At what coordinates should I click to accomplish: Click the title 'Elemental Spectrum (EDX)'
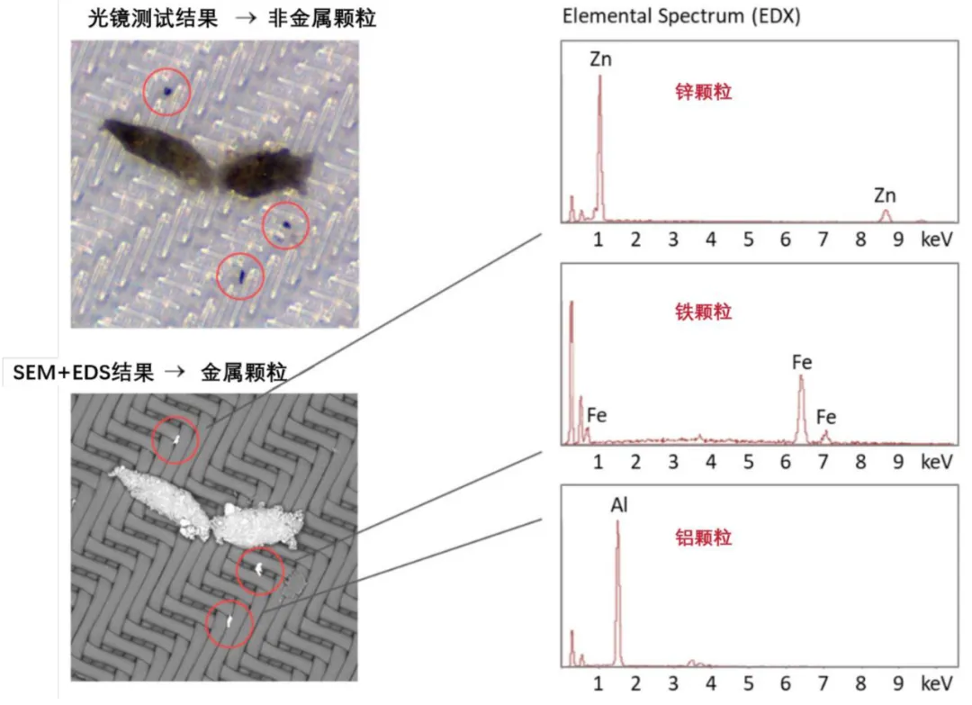tap(681, 16)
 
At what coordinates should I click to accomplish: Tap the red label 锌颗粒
tap(704, 93)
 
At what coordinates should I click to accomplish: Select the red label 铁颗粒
tap(704, 312)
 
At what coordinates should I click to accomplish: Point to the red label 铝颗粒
tap(704, 537)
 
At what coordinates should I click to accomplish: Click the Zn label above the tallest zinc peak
tap(600, 59)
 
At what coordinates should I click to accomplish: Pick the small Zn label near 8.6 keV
tap(885, 195)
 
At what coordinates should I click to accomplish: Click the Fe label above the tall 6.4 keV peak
tap(802, 362)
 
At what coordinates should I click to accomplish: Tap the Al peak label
tap(619, 505)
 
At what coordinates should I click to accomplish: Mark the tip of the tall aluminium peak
tap(617, 521)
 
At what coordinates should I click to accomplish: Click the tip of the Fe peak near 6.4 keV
tap(802, 375)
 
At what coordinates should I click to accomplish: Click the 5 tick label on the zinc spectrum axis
tap(748, 240)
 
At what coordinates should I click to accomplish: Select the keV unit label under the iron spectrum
tap(936, 462)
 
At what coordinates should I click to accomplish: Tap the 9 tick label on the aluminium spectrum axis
tap(898, 684)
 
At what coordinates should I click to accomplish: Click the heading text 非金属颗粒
tap(321, 19)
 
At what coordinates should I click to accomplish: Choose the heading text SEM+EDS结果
tap(83, 373)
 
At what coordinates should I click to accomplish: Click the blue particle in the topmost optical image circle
tap(167, 92)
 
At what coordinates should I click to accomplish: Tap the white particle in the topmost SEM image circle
tap(176, 440)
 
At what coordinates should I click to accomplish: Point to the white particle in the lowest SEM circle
tap(229, 620)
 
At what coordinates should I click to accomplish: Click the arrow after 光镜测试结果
tap(246, 19)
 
